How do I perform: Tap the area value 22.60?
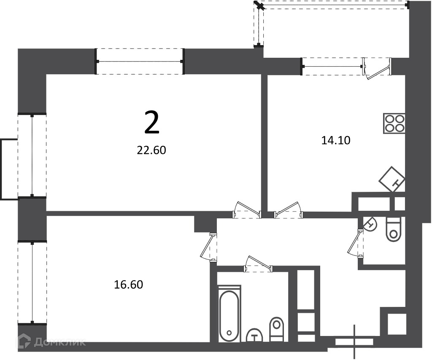tap(151, 150)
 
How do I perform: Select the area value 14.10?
tap(336, 140)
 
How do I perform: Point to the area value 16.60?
tap(128, 285)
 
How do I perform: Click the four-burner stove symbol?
tap(394, 124)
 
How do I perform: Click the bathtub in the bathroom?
tap(229, 314)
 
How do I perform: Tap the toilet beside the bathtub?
tap(276, 330)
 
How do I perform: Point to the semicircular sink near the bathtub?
tap(254, 336)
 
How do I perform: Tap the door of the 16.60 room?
tap(209, 247)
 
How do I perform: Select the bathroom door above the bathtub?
tap(258, 263)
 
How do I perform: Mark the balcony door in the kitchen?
tap(377, 69)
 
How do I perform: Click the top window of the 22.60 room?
tap(139, 62)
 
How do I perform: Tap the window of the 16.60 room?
tap(32, 283)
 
